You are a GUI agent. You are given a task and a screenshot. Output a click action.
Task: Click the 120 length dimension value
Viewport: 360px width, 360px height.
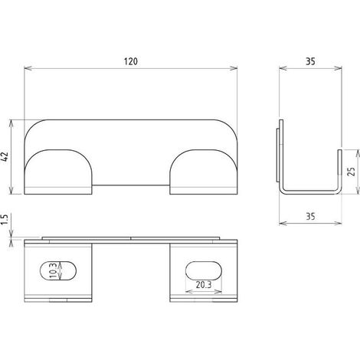[x=131, y=61]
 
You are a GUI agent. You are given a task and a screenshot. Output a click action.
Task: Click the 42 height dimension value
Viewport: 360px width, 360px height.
[x=5, y=156]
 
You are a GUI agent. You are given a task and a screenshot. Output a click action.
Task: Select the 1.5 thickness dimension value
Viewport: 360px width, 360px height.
[x=5, y=220]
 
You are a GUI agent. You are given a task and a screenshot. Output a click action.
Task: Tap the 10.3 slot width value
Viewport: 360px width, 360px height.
[x=53, y=270]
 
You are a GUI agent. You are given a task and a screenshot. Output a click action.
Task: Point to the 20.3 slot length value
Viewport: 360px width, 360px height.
[x=204, y=285]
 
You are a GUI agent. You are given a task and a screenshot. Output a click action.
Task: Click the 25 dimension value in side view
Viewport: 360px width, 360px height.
[x=352, y=172]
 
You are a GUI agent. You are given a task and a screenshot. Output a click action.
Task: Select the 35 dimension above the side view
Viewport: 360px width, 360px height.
[x=310, y=61]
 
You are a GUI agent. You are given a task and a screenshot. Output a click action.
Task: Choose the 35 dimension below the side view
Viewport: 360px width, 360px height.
[x=310, y=217]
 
